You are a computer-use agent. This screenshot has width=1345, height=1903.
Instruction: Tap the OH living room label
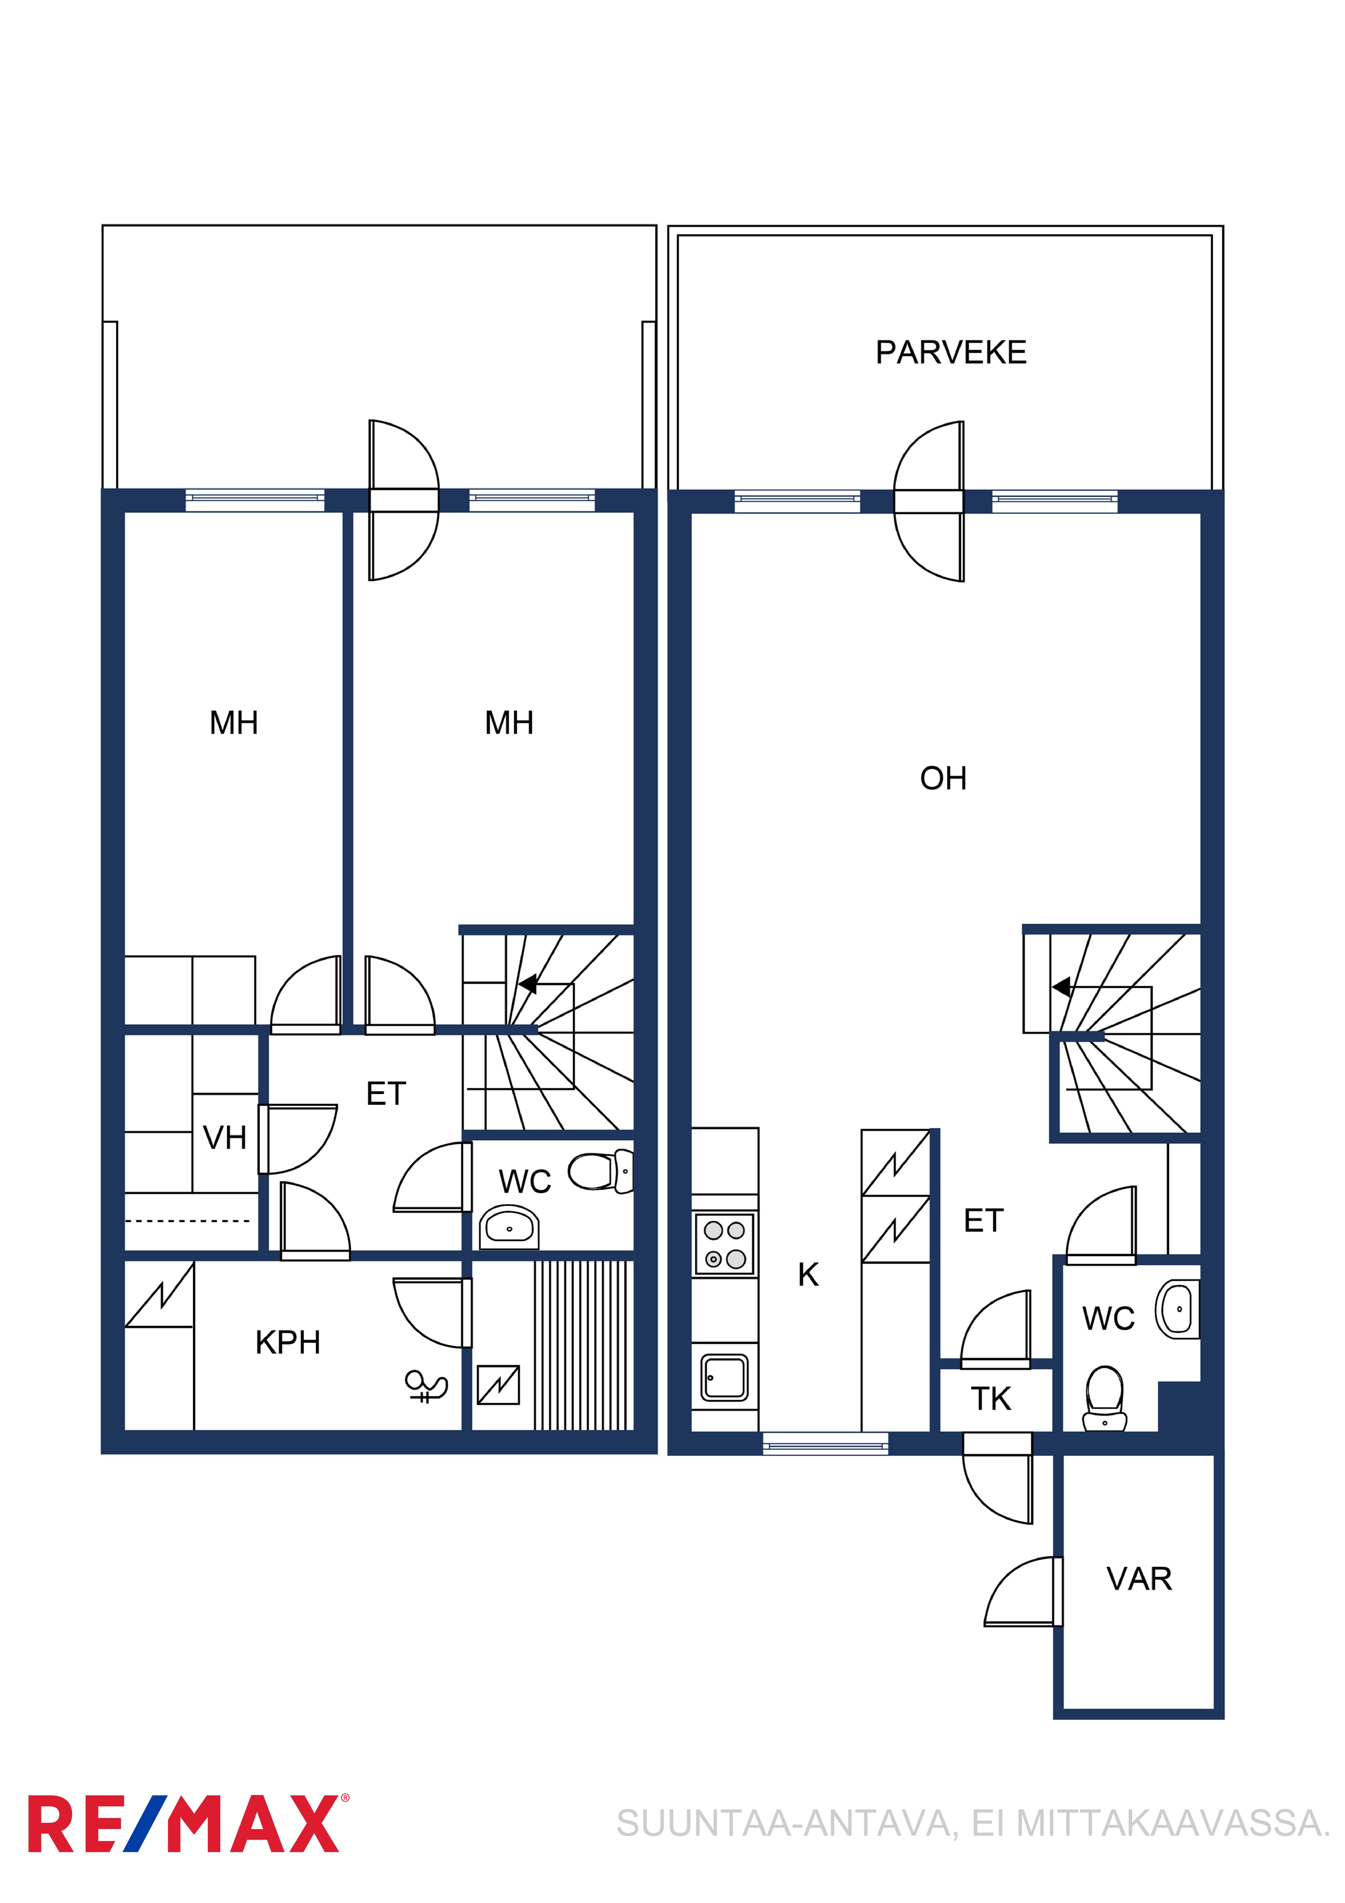pyautogui.click(x=943, y=778)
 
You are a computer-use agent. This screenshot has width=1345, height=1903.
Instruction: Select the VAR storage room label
pyautogui.click(x=1139, y=1579)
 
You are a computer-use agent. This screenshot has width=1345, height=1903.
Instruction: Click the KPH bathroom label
pyautogui.click(x=288, y=1342)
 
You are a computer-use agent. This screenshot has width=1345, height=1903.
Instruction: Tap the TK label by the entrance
pyautogui.click(x=991, y=1399)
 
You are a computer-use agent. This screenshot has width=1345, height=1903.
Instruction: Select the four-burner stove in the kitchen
pyautogui.click(x=724, y=1244)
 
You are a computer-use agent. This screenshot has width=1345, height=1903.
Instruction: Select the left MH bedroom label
pyautogui.click(x=234, y=723)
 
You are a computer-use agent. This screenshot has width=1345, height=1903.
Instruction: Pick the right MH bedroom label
pyautogui.click(x=509, y=723)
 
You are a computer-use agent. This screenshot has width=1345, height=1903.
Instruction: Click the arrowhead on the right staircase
pyautogui.click(x=1061, y=987)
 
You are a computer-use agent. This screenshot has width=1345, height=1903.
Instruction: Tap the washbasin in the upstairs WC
pyautogui.click(x=509, y=1228)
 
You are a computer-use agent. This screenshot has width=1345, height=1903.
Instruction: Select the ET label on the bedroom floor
pyautogui.click(x=386, y=1094)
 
